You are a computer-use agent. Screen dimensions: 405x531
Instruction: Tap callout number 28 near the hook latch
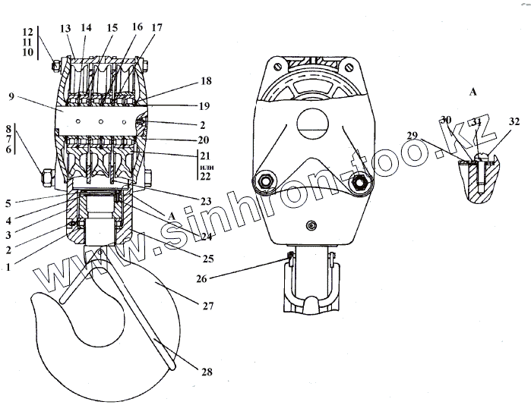207,372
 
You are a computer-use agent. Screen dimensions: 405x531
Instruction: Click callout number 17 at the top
157,27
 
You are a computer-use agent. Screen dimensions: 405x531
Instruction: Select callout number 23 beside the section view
207,201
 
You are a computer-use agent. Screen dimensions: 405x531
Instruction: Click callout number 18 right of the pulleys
206,80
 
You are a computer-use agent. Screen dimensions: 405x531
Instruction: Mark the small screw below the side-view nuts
311,226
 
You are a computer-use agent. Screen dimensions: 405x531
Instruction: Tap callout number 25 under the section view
206,259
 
